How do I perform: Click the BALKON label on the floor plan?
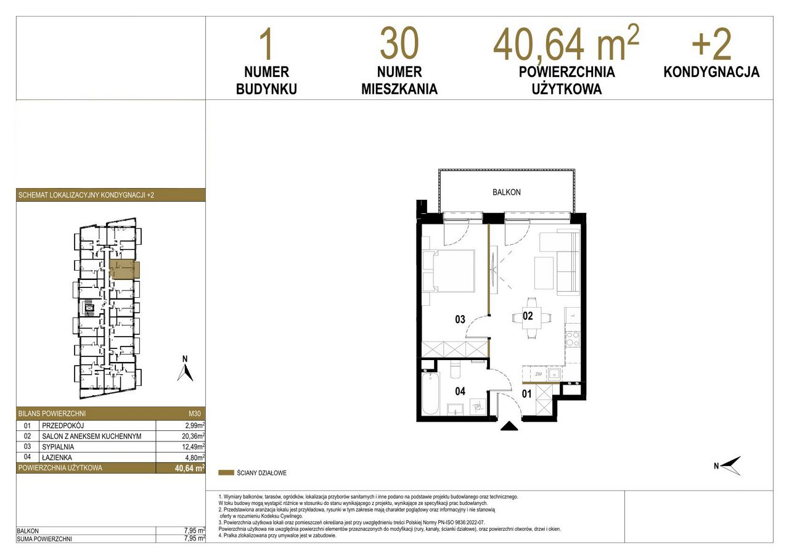tap(506, 192)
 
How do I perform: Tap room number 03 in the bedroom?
tap(460, 319)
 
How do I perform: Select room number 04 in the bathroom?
tap(460, 392)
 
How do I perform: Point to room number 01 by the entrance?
tap(526, 394)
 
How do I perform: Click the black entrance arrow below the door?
tap(509, 426)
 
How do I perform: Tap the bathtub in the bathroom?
tap(430, 394)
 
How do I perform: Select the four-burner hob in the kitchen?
tap(572, 338)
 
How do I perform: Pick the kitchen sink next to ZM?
tap(554, 374)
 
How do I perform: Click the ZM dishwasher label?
tap(538, 374)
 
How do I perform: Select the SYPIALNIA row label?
tap(58, 447)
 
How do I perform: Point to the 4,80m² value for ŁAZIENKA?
tap(195, 457)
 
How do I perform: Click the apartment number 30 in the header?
tap(399, 44)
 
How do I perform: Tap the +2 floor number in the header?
tap(711, 45)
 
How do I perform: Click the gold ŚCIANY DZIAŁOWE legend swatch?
tap(226, 473)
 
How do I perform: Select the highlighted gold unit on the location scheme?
tap(125, 270)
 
